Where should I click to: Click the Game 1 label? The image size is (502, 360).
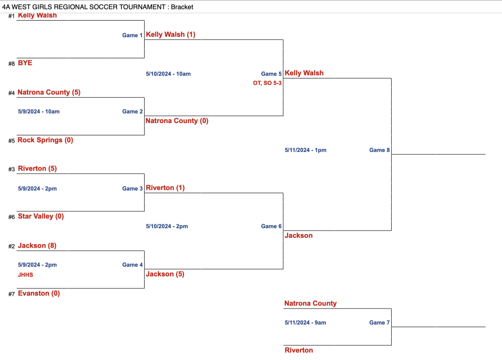[132, 35]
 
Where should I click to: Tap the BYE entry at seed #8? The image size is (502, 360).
[25, 63]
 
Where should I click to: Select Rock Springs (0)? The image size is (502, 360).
[45, 140]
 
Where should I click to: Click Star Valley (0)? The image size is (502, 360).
[41, 216]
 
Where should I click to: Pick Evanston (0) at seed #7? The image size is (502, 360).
[39, 293]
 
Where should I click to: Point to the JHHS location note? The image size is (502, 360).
[25, 275]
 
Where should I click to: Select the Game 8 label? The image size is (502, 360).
[379, 150]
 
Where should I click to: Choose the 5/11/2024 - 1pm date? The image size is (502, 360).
[305, 150]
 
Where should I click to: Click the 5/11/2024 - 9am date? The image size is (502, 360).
[305, 323]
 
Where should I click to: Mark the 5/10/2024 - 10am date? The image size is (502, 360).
[168, 74]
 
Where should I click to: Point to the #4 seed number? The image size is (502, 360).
[11, 93]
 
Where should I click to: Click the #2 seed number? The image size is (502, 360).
[11, 246]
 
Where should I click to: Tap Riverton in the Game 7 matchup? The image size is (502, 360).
[299, 350]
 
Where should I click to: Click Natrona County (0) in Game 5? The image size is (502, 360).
[177, 121]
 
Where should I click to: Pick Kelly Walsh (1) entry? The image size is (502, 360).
[171, 34]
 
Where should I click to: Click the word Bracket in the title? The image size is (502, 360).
[182, 7]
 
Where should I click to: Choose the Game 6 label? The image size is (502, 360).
[271, 226]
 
